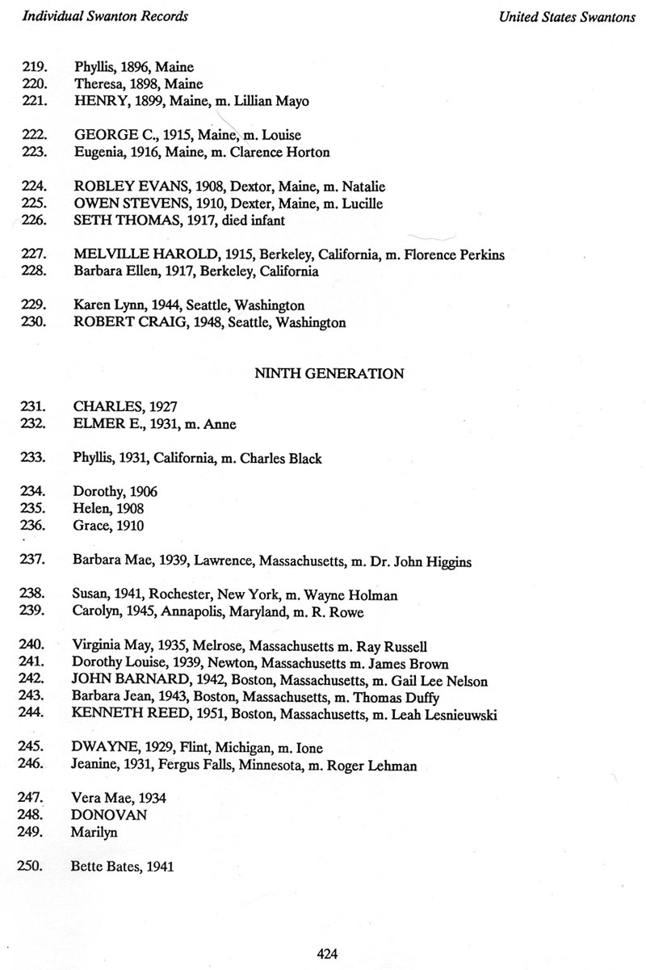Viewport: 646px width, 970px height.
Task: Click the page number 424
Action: pyautogui.click(x=326, y=953)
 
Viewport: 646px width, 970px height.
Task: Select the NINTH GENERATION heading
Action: pyautogui.click(x=329, y=374)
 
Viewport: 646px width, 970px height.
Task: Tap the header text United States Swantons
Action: pyautogui.click(x=567, y=18)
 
